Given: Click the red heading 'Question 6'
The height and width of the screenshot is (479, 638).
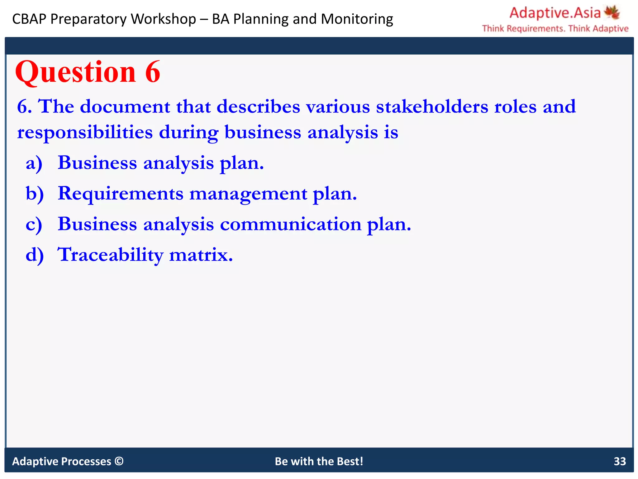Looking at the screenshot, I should click(x=88, y=72).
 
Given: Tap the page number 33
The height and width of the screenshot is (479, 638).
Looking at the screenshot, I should click(x=620, y=461).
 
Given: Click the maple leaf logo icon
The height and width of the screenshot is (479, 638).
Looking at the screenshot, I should click(x=612, y=12).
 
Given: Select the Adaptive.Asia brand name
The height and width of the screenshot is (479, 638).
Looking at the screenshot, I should click(x=555, y=13).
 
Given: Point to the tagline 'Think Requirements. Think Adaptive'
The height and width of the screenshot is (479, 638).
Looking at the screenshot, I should click(x=555, y=29).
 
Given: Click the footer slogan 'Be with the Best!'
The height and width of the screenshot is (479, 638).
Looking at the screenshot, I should click(x=319, y=461).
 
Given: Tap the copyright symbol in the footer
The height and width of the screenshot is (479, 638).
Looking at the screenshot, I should click(x=119, y=461).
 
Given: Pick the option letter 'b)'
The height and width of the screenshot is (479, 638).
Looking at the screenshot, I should click(x=35, y=194).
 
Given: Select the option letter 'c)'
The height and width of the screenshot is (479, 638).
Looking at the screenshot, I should click(x=34, y=225).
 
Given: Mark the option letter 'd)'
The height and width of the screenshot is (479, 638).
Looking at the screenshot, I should click(x=35, y=255).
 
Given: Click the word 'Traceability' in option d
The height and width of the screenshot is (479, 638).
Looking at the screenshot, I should click(x=111, y=255).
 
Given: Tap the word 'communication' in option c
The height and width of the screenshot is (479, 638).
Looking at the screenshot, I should click(x=291, y=224).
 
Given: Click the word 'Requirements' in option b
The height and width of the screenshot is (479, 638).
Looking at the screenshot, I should click(x=121, y=194).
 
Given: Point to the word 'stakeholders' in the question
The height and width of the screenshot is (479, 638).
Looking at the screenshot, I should click(x=432, y=107).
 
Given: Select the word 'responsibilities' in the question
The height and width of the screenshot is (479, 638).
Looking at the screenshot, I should click(x=85, y=132).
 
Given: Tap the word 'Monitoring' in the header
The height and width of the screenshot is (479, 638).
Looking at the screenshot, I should click(x=357, y=19).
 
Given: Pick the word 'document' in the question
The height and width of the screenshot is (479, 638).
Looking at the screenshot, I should click(x=125, y=107).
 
